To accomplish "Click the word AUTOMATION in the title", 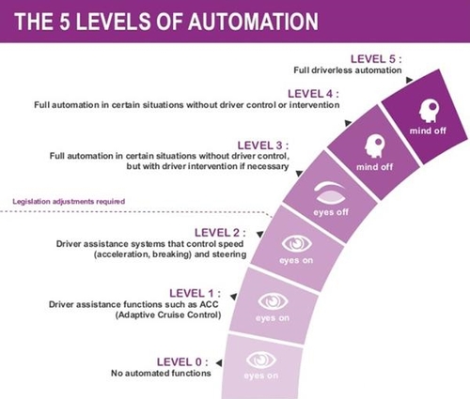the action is click(253, 22).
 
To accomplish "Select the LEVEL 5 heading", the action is click(376, 59).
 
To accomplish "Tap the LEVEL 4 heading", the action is click(313, 94).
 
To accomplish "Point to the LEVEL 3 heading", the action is click(263, 146).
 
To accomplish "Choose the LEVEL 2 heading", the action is click(220, 233).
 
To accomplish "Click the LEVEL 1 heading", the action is click(195, 293).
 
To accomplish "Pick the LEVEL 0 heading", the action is click(182, 362).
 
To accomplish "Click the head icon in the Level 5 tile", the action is click(429, 111).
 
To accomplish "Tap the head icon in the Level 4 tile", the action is click(375, 146).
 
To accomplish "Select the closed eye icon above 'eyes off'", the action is click(330, 192).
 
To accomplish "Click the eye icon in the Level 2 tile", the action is click(296, 243).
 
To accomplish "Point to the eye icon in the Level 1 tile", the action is click(273, 301).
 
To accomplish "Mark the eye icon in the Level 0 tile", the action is click(260, 360).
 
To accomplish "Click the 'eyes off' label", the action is click(331, 212).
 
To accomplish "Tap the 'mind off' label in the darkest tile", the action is click(428, 130).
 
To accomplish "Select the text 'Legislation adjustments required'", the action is click(69, 201).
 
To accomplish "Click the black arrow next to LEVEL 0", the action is click(219, 362).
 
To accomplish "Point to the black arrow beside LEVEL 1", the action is click(233, 296).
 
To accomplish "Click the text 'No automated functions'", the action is click(161, 373).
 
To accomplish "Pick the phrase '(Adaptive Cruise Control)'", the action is click(168, 315).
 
